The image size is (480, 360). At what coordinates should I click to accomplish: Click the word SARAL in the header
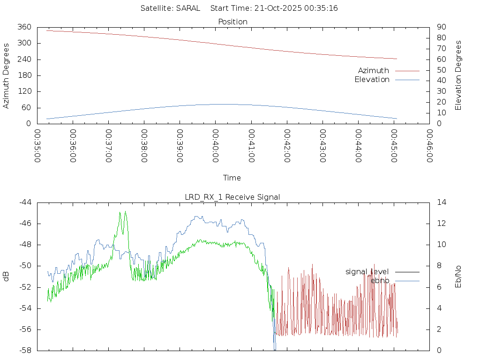coord(188,8)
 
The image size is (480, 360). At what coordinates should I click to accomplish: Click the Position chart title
coord(232,22)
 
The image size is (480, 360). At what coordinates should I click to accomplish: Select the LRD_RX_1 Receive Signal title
coord(232,197)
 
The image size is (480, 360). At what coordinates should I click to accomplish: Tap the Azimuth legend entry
coord(374,70)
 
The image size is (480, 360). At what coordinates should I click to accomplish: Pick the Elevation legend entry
coord(372,80)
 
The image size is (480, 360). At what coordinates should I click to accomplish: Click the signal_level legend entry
coord(367,271)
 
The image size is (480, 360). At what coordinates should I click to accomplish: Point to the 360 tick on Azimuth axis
coord(24,27)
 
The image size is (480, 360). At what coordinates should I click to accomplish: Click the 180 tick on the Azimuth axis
coord(24,75)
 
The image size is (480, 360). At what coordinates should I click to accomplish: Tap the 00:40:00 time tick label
coord(215,146)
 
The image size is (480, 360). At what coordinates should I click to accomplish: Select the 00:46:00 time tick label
coord(429,146)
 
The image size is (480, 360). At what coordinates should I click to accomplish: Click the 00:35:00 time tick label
coord(37,146)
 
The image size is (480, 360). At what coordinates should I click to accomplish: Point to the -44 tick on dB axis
coord(25,202)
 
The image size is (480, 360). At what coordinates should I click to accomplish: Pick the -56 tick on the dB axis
coord(25,330)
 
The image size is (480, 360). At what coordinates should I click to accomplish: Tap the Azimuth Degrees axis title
coord(6,75)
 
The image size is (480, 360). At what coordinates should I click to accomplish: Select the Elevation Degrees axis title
coord(458,75)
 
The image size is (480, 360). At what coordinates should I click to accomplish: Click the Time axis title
coord(232,178)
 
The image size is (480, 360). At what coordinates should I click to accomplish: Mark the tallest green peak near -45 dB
coord(120,212)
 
